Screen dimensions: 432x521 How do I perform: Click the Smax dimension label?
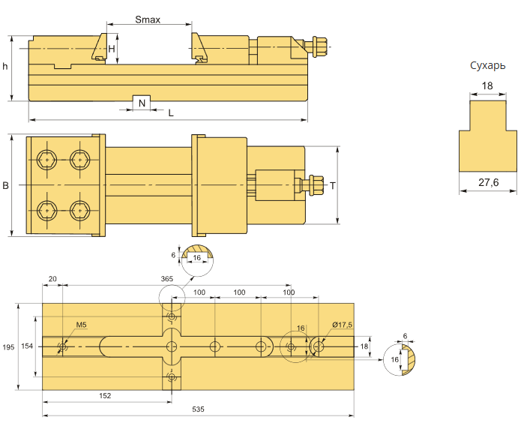(148, 19)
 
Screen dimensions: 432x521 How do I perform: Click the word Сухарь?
(487, 65)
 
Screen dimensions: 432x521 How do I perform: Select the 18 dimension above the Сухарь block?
(487, 86)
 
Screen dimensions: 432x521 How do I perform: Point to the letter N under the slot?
(142, 103)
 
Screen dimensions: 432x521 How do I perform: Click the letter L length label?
(171, 112)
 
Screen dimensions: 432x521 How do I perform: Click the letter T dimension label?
(332, 185)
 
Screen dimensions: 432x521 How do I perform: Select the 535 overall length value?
(198, 409)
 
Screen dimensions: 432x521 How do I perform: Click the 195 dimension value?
(8, 347)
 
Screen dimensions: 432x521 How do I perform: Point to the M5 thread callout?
(82, 325)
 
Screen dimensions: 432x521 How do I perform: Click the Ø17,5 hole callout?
(342, 325)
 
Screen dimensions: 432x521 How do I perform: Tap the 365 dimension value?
(167, 278)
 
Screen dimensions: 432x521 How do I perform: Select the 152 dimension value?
(105, 394)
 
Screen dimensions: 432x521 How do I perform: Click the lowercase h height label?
(5, 67)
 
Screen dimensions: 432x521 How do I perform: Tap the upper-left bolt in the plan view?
(47, 159)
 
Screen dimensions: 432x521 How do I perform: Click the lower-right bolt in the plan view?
(79, 211)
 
